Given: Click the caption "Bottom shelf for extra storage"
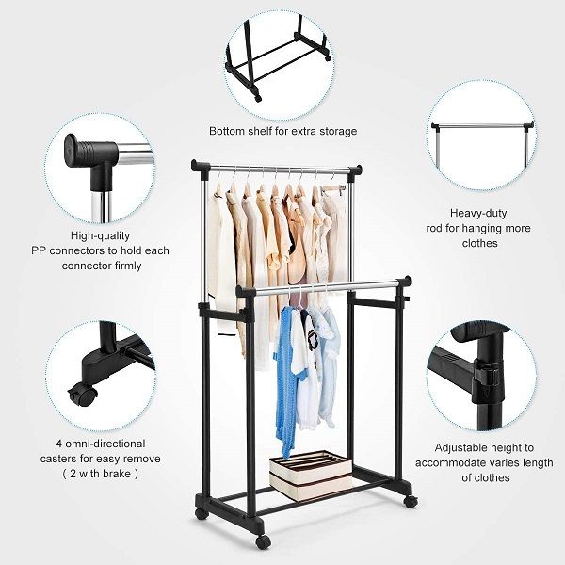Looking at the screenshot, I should (282, 131).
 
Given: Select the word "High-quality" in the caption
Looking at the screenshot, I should (100, 235).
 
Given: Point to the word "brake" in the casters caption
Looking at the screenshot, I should (120, 474).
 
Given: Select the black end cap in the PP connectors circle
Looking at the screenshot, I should (76, 151).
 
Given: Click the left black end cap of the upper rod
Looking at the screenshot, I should (200, 167).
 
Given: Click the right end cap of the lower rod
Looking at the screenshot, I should (405, 282).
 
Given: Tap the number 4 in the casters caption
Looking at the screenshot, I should (58, 444).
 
